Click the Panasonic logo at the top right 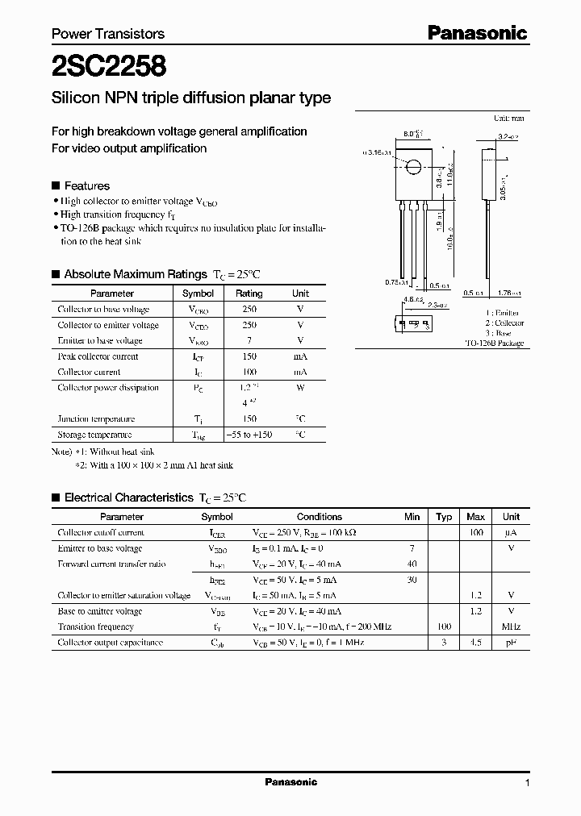click(477, 33)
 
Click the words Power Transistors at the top click(108, 34)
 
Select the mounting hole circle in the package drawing click(413, 168)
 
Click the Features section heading click(86, 185)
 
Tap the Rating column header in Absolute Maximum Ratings click(249, 294)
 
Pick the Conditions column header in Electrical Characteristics click(320, 517)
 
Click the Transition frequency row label click(95, 627)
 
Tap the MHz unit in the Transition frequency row click(511, 627)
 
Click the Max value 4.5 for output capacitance click(476, 643)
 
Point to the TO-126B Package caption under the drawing click(494, 343)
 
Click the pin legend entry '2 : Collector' click(504, 323)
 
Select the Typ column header click(444, 517)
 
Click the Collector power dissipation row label click(108, 388)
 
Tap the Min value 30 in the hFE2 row click(412, 580)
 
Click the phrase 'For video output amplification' click(129, 148)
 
